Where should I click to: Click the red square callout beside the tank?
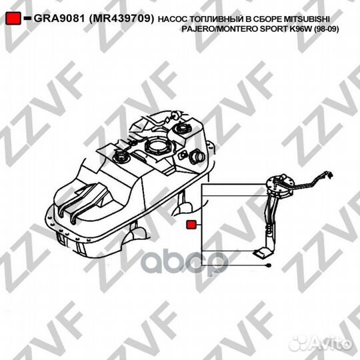coord(190,225)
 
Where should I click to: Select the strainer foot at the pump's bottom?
coord(261,253)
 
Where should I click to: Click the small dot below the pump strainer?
coord(267,265)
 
